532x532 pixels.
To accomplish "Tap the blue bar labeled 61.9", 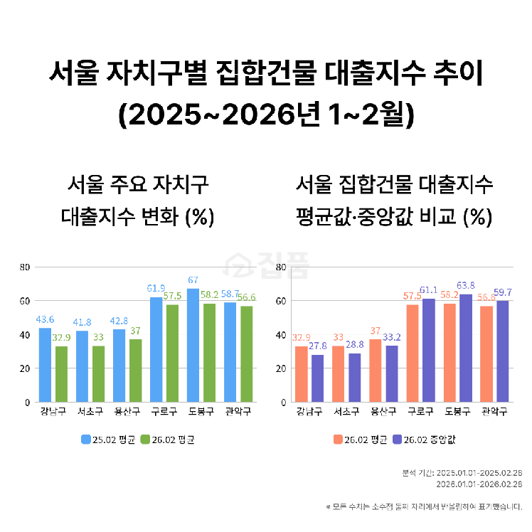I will point(156,349).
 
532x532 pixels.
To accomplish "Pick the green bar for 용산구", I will point(135,371).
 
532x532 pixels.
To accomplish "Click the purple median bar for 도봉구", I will point(465,348).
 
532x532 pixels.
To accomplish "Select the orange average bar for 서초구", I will point(338,374).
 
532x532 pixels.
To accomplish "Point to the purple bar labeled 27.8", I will point(317,378).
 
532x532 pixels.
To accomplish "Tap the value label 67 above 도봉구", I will point(193,280).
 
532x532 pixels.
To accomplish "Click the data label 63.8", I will point(465,286).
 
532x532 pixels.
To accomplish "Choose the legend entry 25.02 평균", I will point(105,440).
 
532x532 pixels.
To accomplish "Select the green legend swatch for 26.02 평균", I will point(146,440).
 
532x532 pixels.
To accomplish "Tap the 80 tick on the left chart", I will point(24,267).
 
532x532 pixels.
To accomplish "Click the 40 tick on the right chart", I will point(280,335).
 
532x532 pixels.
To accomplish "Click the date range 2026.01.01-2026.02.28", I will point(479,484).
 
